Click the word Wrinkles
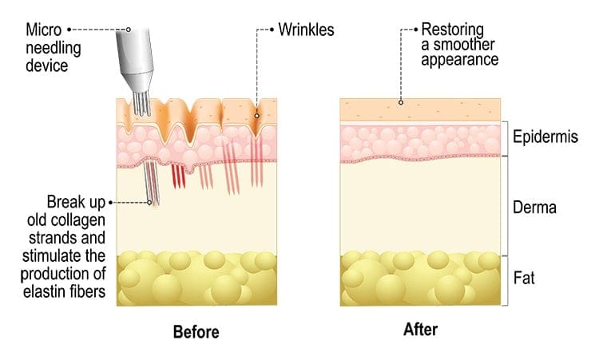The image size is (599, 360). click(x=306, y=31)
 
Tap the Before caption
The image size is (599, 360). click(x=196, y=331)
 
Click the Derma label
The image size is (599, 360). click(x=534, y=208)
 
